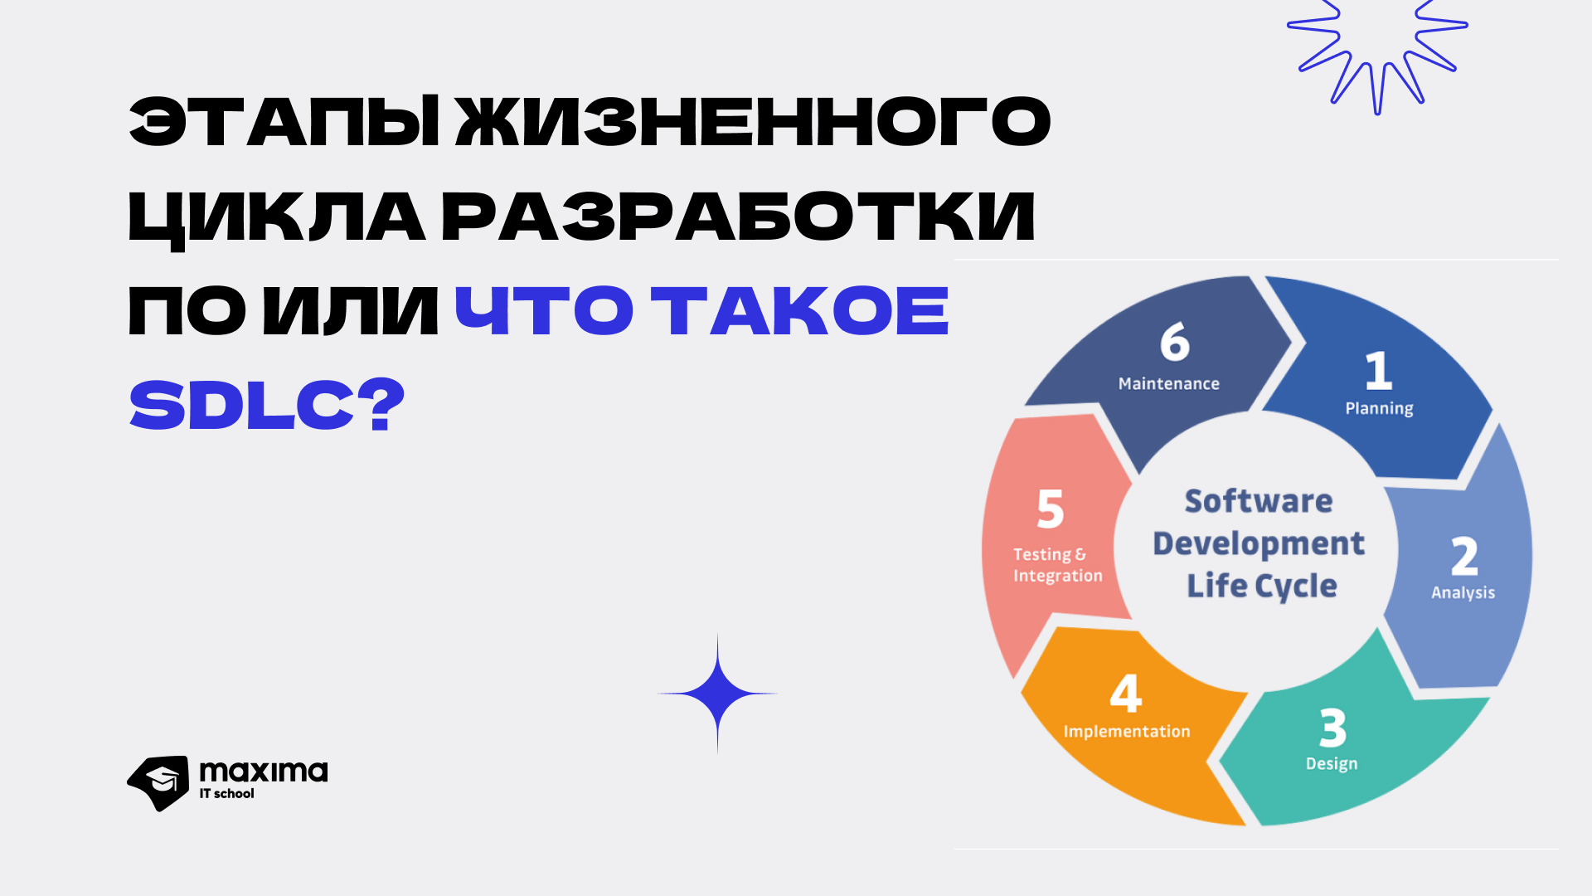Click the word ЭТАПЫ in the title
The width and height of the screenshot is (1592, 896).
click(x=284, y=122)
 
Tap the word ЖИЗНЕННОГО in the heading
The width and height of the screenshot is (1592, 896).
click(x=754, y=122)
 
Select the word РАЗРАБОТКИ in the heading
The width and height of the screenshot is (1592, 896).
click(x=738, y=218)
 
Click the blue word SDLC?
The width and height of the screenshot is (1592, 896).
click(x=267, y=406)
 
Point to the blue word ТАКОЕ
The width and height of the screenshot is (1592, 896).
click(x=800, y=311)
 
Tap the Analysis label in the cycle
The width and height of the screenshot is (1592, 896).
click(x=1463, y=592)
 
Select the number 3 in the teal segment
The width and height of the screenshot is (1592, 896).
click(x=1332, y=728)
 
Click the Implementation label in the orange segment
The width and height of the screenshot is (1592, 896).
click(x=1127, y=732)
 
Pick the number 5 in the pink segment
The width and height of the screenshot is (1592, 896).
click(x=1051, y=509)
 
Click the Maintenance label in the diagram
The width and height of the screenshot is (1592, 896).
click(x=1169, y=384)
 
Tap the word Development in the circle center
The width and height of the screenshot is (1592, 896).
click(x=1259, y=544)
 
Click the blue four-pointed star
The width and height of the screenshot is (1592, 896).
click(x=717, y=694)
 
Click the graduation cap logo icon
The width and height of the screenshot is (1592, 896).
click(x=158, y=783)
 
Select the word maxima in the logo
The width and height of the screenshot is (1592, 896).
click(x=264, y=772)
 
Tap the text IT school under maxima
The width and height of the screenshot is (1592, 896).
click(x=226, y=794)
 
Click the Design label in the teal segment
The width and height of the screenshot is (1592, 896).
click(x=1332, y=764)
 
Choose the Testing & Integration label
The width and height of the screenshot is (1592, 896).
click(x=1058, y=565)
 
